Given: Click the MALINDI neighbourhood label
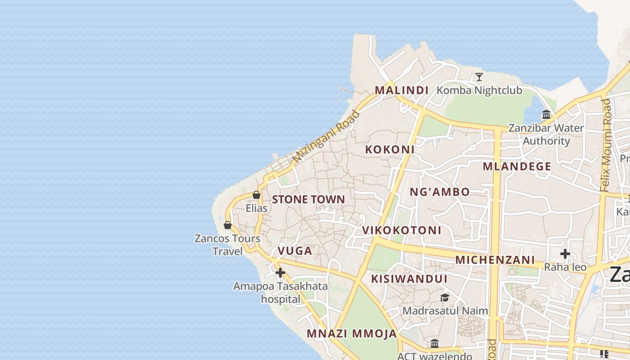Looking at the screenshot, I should [x=401, y=90].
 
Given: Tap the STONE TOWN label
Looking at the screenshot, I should [x=308, y=199].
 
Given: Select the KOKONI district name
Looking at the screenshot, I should [x=390, y=149].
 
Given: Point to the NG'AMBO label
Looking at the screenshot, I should [x=440, y=192].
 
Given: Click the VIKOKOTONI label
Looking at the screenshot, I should [x=402, y=230].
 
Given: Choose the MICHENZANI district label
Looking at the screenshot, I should [x=495, y=260].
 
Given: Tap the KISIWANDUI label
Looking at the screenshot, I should [x=409, y=279].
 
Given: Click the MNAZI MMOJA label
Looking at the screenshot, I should [x=352, y=334].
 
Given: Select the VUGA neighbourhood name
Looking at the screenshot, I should [x=295, y=251].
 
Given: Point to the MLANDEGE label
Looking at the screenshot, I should [x=517, y=166].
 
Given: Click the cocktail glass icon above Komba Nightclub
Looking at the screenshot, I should [x=479, y=77].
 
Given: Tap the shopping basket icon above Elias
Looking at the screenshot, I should [x=256, y=195].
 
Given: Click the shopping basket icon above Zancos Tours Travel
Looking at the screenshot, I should [x=228, y=225].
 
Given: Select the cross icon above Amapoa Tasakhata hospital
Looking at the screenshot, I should [x=280, y=273].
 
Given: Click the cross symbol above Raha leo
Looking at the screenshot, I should [x=565, y=254].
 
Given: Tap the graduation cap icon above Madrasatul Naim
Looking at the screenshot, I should [x=445, y=297].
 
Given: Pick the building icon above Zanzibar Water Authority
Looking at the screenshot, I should [x=546, y=114].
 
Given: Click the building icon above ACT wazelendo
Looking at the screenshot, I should [x=435, y=344].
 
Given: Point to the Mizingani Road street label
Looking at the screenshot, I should [x=326, y=136].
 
